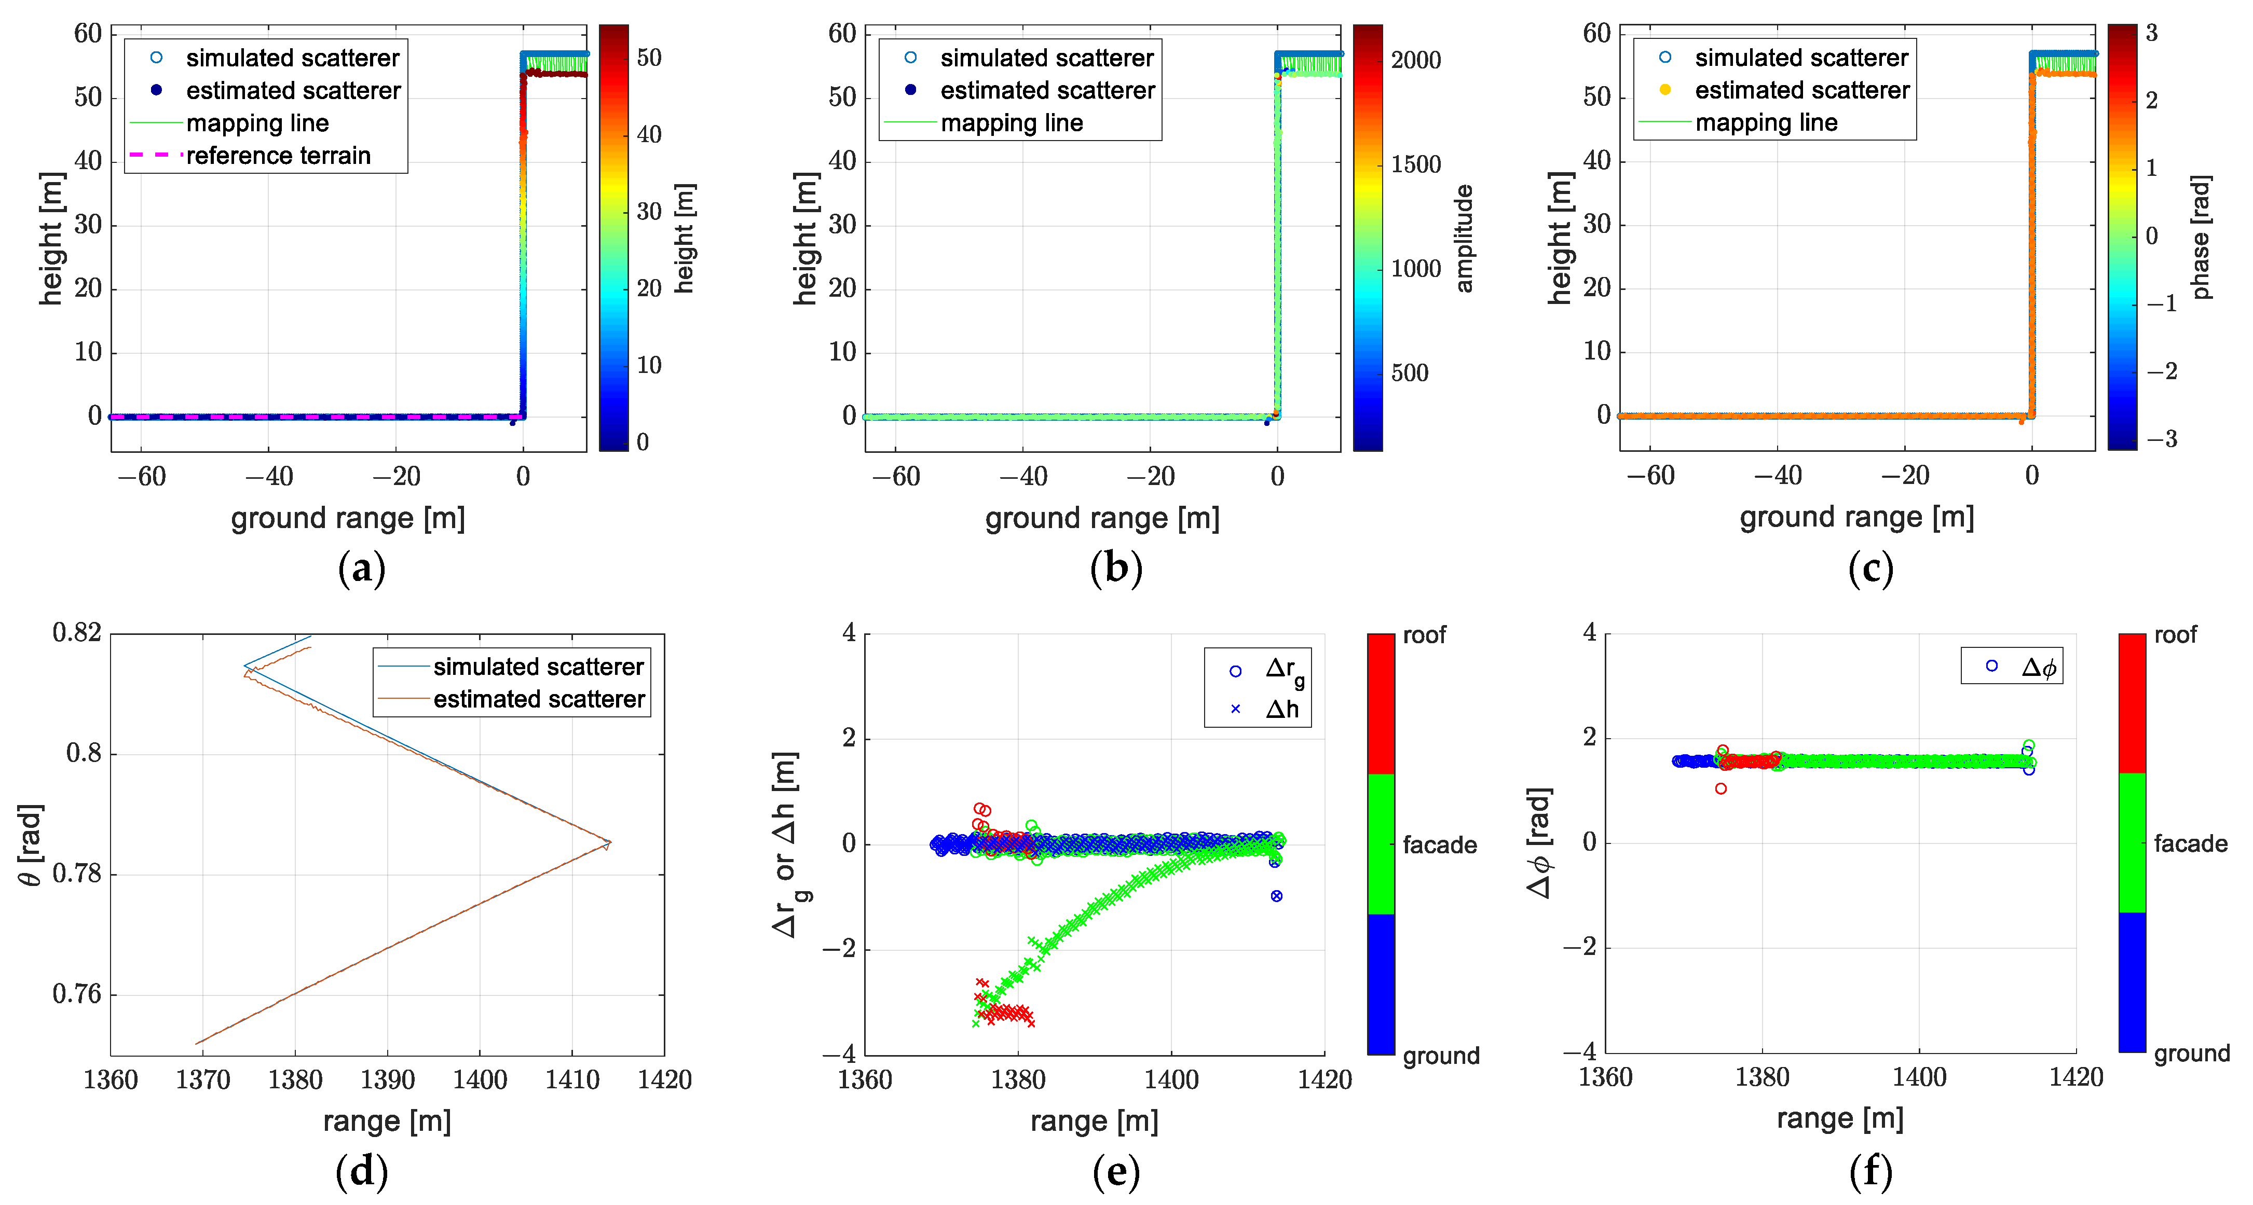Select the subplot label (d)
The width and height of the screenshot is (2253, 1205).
361,1172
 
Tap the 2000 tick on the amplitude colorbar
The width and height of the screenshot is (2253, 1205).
1416,60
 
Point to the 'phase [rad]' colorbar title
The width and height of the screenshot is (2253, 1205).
2202,237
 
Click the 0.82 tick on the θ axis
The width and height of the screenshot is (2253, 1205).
77,632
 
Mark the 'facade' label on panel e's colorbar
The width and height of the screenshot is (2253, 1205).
1440,844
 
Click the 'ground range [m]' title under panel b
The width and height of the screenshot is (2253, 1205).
1102,519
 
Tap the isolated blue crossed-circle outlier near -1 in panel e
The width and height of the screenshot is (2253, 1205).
1276,895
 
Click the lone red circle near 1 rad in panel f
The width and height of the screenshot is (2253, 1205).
1721,789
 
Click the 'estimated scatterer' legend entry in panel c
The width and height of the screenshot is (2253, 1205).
1801,90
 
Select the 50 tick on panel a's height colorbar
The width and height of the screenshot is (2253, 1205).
649,58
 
